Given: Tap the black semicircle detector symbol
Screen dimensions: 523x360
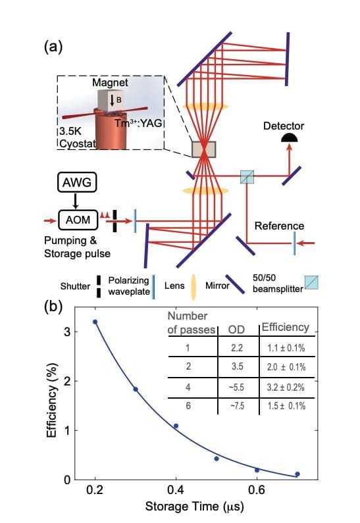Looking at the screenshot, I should (x=288, y=137).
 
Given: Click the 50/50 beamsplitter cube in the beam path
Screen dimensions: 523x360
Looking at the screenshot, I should (x=247, y=176).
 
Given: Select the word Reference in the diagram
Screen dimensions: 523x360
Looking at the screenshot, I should (x=280, y=226).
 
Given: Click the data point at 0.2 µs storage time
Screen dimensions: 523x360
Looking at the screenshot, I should (x=95, y=322).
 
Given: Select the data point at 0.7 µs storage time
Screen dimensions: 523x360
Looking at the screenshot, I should (x=297, y=474).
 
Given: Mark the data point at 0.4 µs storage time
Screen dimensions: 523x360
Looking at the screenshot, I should (x=176, y=426).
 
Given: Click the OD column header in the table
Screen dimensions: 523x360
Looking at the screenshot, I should (x=236, y=328).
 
